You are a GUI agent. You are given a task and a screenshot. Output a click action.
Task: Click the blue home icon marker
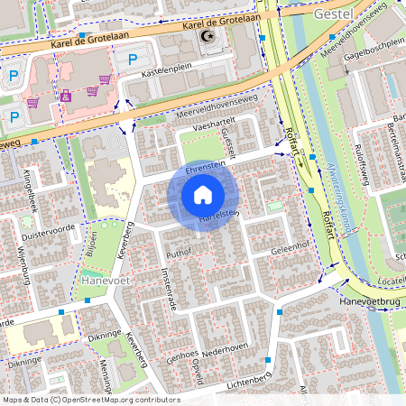203,195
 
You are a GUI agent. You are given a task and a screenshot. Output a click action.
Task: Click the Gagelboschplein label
373,43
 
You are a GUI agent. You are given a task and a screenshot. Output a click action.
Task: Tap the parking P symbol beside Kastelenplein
133,60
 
